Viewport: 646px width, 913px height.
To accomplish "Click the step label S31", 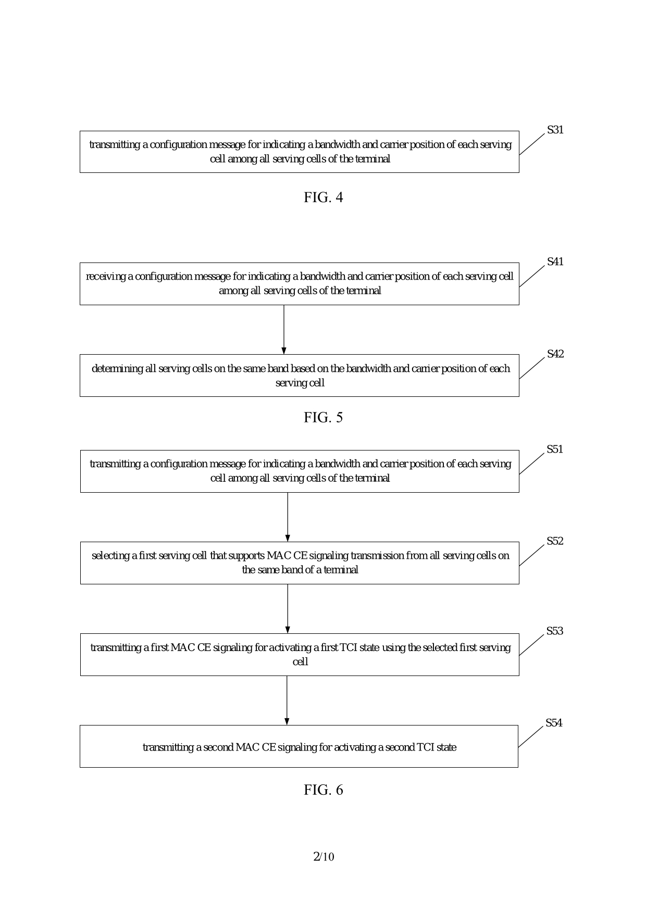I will coord(555,130).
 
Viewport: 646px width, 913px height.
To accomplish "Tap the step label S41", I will coord(555,262).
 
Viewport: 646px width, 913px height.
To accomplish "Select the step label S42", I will coord(555,354).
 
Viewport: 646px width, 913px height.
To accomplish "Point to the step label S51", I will coord(554,449).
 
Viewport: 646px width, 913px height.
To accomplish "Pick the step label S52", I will coord(554,541).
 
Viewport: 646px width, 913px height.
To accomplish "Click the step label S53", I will coord(554,631).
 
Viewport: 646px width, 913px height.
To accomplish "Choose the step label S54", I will coord(554,723).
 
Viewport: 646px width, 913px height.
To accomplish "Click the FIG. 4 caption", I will coord(323,197).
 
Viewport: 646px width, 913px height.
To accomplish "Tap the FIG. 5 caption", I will coord(323,418).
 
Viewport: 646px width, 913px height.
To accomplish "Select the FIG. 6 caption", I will coord(323,790).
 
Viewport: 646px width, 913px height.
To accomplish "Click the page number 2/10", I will coord(323,857).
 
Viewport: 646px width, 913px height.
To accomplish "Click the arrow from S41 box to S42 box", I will coord(284,329).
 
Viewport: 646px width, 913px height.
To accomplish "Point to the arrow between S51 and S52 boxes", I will coord(288,517).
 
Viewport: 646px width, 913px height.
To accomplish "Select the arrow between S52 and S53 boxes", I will coord(288,608).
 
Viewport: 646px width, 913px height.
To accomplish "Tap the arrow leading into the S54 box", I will coord(287,700).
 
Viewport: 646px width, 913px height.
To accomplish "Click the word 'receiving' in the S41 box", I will coord(106,277).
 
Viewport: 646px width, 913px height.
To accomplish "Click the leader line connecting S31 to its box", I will coord(532,144).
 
